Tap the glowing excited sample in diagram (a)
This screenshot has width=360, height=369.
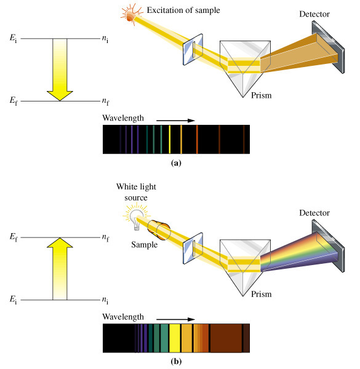coord(130,16)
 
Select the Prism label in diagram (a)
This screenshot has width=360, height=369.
coord(261,95)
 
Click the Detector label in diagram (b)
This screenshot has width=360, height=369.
coord(314,213)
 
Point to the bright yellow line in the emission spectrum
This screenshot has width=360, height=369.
coord(169,140)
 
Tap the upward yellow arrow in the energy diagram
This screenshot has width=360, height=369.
coord(60,269)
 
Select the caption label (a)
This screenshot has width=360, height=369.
coord(176,163)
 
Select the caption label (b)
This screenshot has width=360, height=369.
coord(176,361)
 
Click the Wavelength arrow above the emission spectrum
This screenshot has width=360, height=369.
coord(175,121)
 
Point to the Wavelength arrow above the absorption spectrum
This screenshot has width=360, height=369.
coord(175,319)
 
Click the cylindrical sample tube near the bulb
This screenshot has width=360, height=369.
coord(159,230)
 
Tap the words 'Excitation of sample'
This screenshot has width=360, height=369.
coord(183,10)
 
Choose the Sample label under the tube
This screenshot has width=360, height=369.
coord(145,245)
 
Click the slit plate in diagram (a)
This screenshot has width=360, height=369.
coord(193,49)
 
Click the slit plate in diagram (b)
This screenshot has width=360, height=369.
coord(193,248)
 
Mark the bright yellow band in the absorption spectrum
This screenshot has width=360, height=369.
coord(175,338)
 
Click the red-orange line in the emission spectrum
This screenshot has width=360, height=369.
coord(197,140)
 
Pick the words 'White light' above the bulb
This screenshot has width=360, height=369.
coord(136,186)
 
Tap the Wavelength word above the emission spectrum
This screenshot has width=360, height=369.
coord(123,118)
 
